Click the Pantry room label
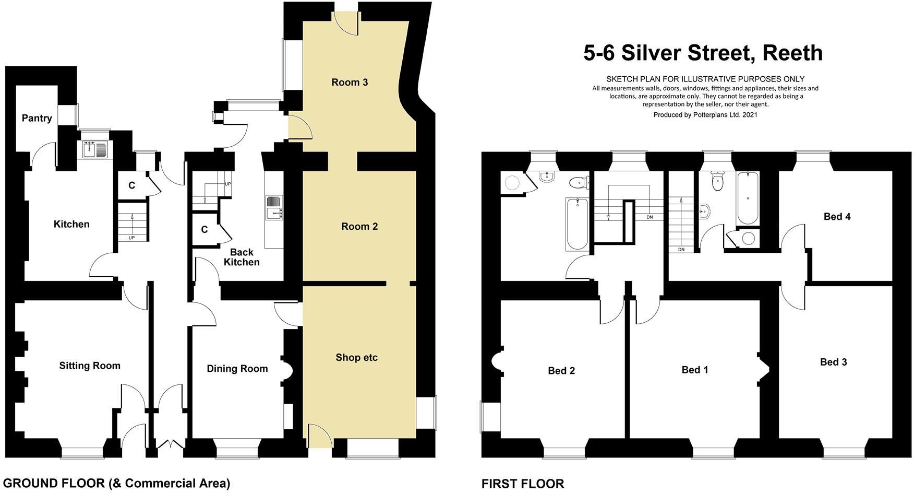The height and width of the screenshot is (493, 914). pos(37,118)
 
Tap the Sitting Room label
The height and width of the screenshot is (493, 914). pos(90,366)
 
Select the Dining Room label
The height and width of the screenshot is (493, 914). pos(237,369)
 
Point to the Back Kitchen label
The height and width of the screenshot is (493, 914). pos(241,257)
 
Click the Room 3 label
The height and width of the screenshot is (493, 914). pos(350,82)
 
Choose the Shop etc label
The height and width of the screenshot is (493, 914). pos(356,358)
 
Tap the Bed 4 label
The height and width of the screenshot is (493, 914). pos(837,216)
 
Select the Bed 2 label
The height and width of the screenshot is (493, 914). pos(561,371)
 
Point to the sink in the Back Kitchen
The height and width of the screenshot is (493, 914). pos(274,207)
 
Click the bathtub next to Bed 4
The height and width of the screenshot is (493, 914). pos(748,198)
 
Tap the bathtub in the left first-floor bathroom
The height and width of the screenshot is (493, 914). pos(577,224)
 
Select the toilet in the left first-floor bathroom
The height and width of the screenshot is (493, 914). pos(578,183)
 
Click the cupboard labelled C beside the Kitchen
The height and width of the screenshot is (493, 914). pos(131,185)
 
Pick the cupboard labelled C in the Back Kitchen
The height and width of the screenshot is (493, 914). pos(204,229)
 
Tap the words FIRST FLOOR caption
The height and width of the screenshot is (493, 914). pos(522,484)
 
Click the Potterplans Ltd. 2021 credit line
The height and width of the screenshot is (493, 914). pos(705,115)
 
